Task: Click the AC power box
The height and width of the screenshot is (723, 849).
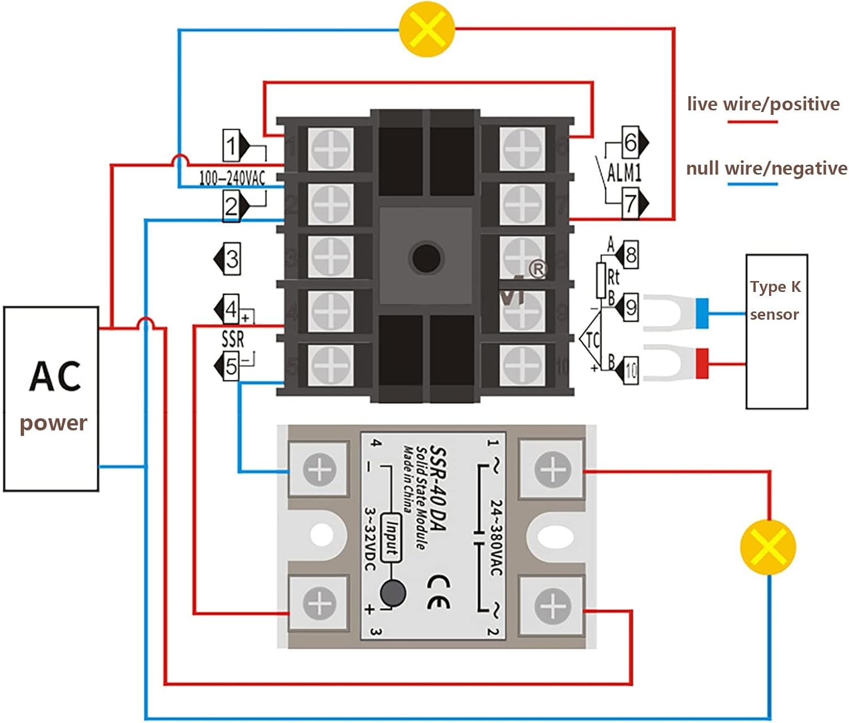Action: click(x=52, y=399)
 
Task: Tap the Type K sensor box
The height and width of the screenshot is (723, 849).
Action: click(x=776, y=331)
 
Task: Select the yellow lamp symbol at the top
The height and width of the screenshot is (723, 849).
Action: click(x=427, y=28)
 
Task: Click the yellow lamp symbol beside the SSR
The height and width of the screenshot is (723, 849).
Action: click(x=768, y=547)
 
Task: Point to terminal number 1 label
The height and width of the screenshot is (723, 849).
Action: click(x=231, y=145)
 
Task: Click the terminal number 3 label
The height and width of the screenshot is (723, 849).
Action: click(x=232, y=259)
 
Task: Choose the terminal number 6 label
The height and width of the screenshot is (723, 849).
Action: click(x=631, y=142)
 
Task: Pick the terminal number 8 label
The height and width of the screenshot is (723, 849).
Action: click(x=631, y=255)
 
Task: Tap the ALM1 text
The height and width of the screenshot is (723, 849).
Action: click(x=624, y=172)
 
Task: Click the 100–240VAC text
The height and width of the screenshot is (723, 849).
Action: click(x=232, y=179)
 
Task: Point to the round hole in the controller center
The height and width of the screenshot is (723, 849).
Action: click(x=426, y=258)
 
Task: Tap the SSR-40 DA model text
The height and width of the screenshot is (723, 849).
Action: click(x=438, y=488)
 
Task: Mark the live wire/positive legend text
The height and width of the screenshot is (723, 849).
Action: click(x=763, y=104)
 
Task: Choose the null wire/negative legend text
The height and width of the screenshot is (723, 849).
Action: click(x=766, y=169)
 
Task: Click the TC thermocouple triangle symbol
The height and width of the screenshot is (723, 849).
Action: click(x=592, y=340)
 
